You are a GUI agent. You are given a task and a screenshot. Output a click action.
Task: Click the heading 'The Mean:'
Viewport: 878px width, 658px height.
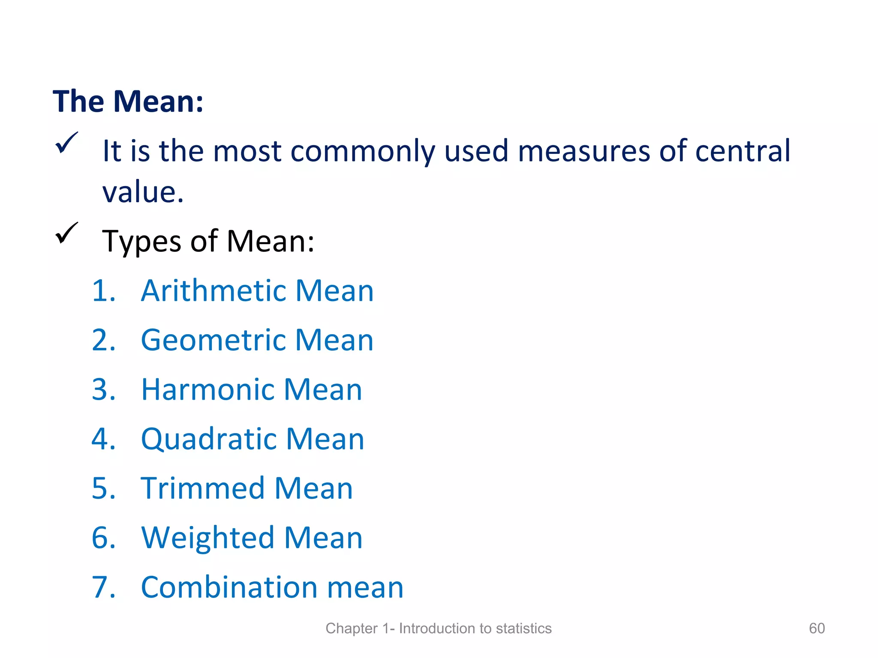click(128, 102)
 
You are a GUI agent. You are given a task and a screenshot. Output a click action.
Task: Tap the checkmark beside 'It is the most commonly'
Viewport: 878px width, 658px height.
click(66, 143)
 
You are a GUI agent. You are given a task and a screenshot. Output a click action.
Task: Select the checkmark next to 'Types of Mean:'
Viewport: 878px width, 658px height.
click(66, 233)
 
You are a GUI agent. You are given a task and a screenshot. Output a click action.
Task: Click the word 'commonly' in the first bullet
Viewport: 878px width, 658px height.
click(363, 152)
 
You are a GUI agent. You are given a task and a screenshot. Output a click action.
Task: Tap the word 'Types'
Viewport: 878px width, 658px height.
click(142, 242)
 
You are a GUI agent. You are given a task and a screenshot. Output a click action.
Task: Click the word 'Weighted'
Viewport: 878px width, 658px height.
click(207, 538)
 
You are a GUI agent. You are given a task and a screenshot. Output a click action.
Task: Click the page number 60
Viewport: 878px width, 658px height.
click(817, 628)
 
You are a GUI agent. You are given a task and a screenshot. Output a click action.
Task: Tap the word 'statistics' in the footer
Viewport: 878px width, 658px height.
click(523, 628)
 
